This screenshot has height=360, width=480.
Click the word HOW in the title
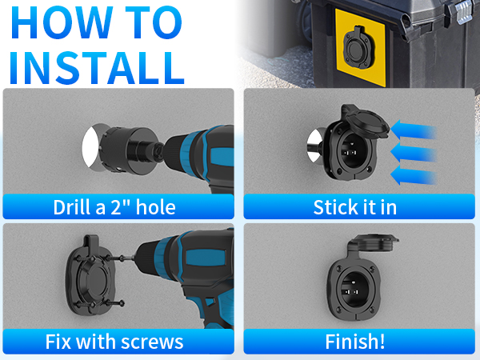[62, 22]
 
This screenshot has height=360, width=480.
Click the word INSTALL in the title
[98, 68]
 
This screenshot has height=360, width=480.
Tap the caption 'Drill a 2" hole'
[114, 207]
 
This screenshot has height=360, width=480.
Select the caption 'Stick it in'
[355, 207]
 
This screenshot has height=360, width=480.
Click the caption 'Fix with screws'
[114, 342]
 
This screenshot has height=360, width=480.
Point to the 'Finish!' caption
[355, 342]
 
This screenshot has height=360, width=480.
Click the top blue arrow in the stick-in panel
[414, 130]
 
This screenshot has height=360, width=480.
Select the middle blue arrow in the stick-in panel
[414, 152]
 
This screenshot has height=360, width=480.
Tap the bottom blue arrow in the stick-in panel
[414, 175]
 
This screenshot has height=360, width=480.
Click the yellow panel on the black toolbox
[360, 47]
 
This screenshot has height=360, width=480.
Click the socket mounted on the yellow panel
[356, 47]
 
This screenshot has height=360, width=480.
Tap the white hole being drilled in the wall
[90, 147]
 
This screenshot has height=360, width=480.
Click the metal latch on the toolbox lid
[464, 11]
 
